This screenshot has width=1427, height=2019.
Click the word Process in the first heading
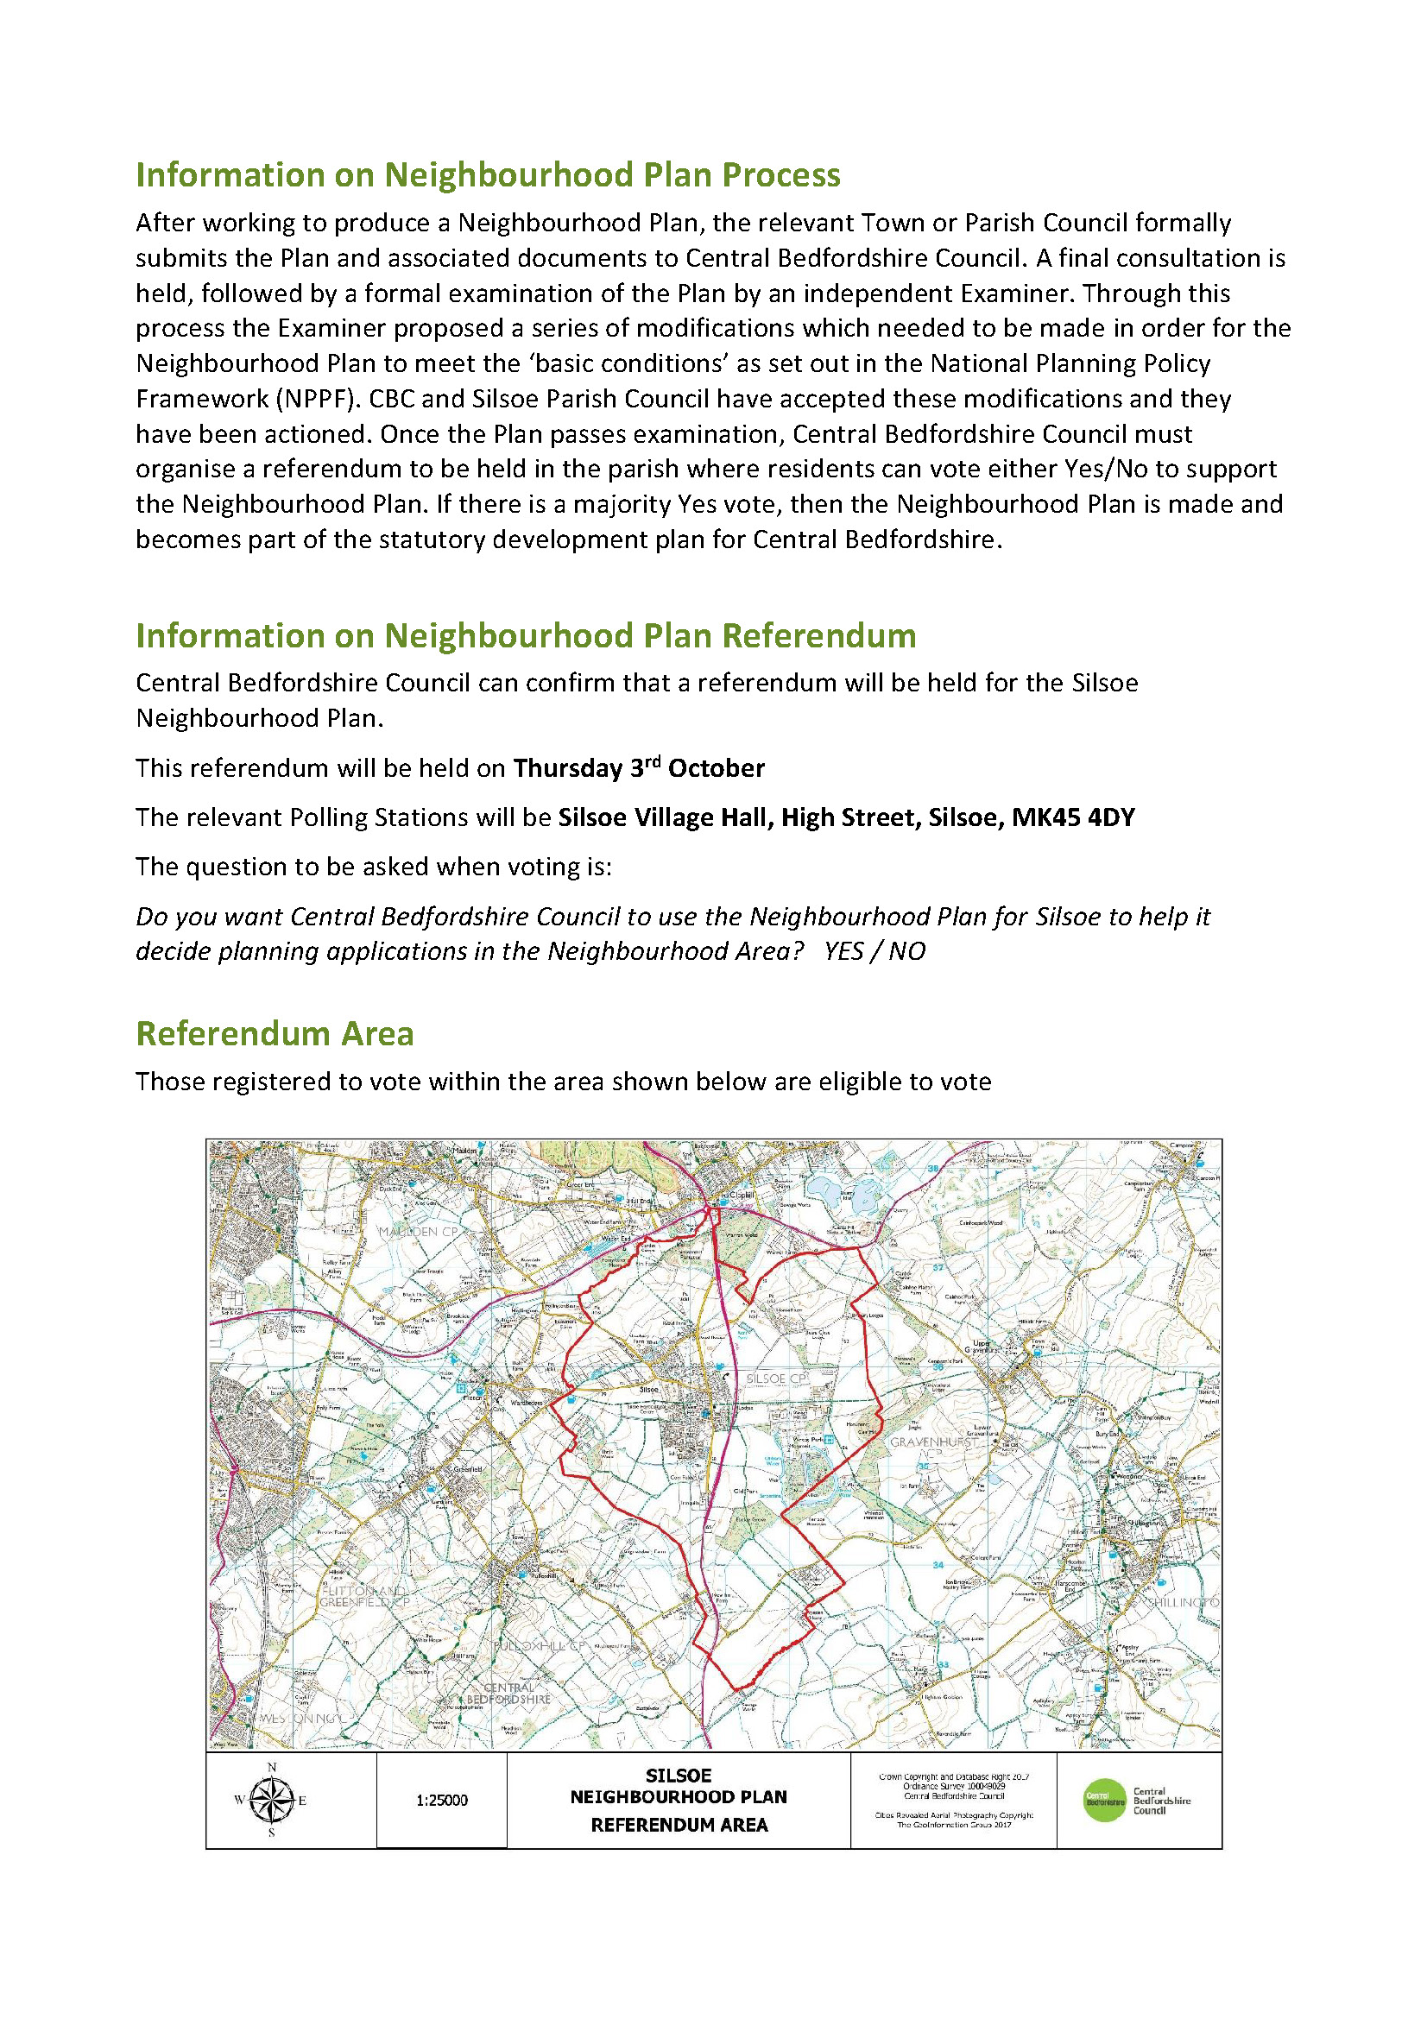click(780, 175)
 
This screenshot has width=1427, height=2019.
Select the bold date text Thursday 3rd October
click(638, 768)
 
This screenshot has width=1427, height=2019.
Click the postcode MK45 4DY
click(1073, 817)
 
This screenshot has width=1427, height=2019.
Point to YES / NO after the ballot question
click(875, 951)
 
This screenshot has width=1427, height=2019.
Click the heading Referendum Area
click(275, 1033)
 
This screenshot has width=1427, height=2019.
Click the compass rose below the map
click(272, 1800)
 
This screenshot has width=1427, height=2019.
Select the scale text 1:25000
click(441, 1801)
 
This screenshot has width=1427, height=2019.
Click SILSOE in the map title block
click(678, 1776)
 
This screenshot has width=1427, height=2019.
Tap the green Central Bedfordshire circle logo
click(1103, 1800)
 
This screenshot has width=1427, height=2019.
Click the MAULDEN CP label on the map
click(419, 1232)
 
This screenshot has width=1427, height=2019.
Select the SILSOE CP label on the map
click(775, 1379)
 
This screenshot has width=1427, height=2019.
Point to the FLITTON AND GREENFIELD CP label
click(364, 1597)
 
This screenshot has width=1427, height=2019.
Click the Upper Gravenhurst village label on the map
click(982, 1347)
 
